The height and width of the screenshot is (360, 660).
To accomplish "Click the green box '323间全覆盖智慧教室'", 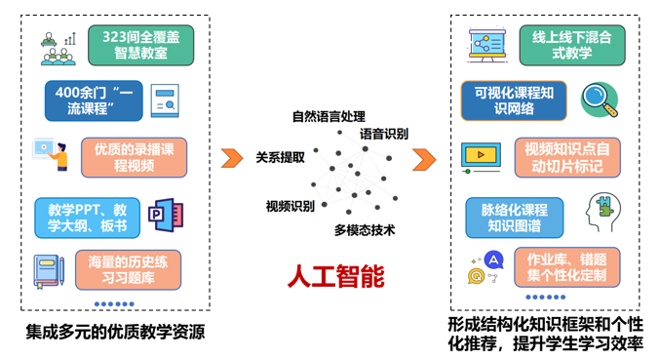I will pos(138,43).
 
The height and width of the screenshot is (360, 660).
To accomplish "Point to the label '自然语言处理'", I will pos(329,117).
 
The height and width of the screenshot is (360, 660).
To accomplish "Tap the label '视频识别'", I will pos(291,206).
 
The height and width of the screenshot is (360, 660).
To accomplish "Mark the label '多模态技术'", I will pos(364,230).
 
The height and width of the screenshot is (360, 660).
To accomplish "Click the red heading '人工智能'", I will pos(335,276).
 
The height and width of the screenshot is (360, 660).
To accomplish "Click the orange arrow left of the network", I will pos(231,158).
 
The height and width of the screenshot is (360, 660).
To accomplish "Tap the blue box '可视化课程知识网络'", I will pos(514,100).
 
